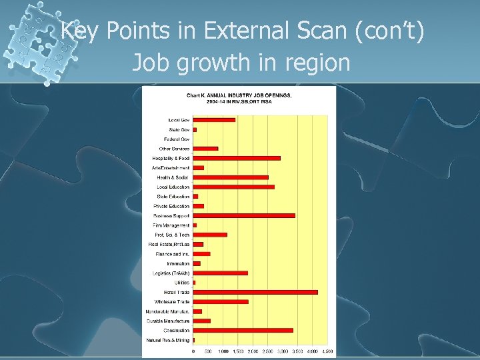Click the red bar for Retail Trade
pyautogui.click(x=255, y=292)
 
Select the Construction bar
pyautogui.click(x=243, y=330)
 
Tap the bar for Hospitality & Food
pyautogui.click(x=237, y=158)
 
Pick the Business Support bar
pyautogui.click(x=244, y=215)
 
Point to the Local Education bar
pyautogui.click(x=233, y=187)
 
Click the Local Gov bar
pyautogui.click(x=214, y=120)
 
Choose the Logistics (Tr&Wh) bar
pyautogui.click(x=220, y=273)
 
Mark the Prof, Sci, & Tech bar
pyautogui.click(x=210, y=235)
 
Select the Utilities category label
pyautogui.click(x=181, y=283)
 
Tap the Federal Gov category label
pyautogui.click(x=177, y=139)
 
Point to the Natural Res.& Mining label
pyautogui.click(x=167, y=340)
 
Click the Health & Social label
pyautogui.click(x=173, y=177)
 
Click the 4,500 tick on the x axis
pyautogui.click(x=327, y=351)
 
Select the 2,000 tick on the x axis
pyautogui.click(x=253, y=351)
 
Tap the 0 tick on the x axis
pyautogui.click(x=193, y=351)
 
